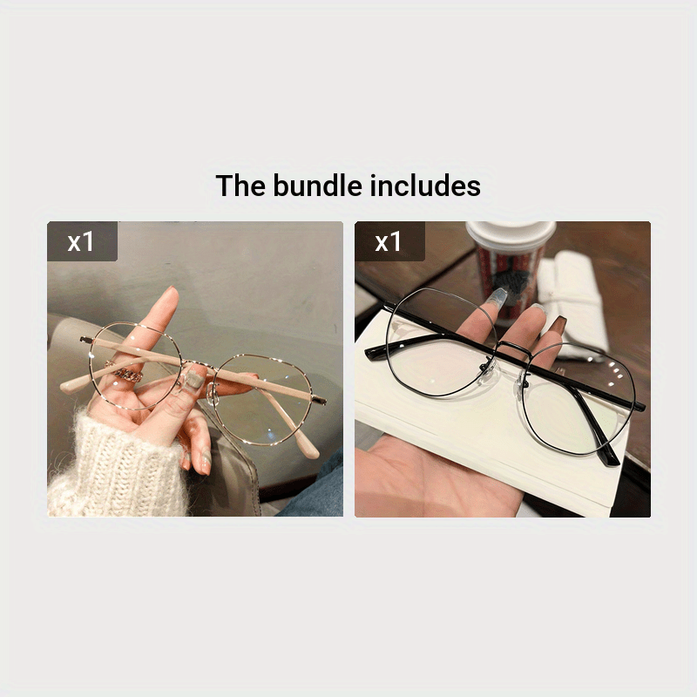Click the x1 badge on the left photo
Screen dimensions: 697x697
click(x=81, y=241)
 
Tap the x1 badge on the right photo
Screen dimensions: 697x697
click(x=389, y=241)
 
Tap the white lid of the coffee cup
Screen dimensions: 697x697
click(x=511, y=233)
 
